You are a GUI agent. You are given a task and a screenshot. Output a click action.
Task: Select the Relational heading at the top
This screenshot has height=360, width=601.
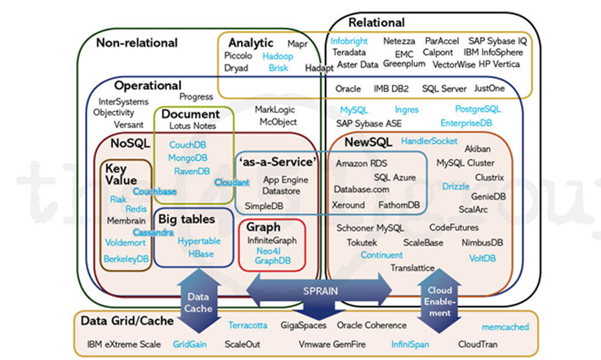coord(377,21)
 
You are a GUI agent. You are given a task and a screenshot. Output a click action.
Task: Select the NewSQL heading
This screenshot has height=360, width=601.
coord(361,143)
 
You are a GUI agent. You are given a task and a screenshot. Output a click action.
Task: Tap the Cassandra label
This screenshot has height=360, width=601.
coord(154,233)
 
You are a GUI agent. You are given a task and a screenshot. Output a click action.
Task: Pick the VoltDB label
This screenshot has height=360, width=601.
coord(483,257)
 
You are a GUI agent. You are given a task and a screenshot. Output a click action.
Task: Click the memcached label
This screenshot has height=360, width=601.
coord(504,327)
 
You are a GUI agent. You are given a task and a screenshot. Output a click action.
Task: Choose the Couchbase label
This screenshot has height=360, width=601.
coord(155,191)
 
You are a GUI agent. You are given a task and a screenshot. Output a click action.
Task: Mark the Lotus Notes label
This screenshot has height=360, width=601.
coord(190,127)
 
